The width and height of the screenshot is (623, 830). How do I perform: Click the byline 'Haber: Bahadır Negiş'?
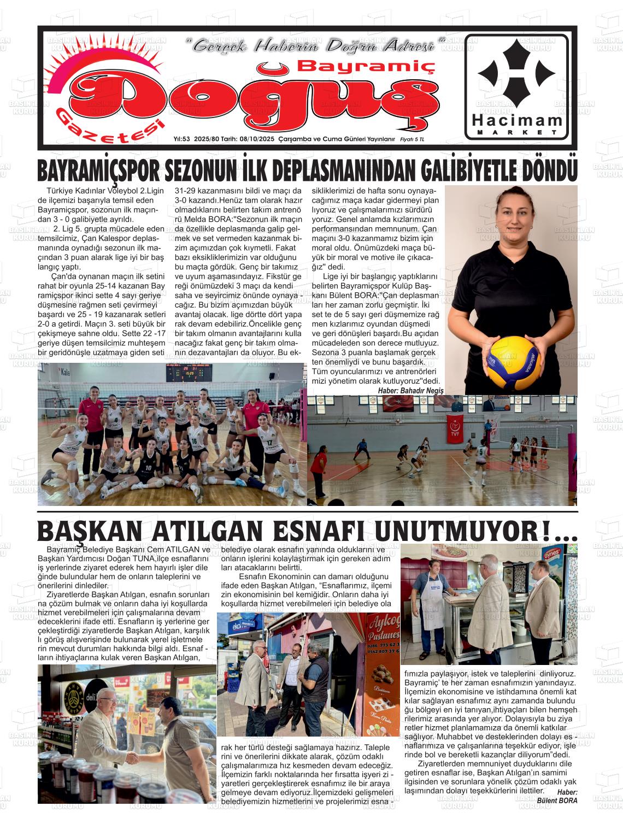pos(410,390)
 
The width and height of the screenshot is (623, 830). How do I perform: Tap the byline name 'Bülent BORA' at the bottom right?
pos(556,800)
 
